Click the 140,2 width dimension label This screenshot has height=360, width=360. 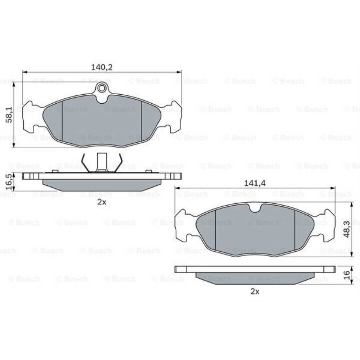[x=102, y=67]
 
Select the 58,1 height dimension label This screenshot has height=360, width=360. [x=9, y=114]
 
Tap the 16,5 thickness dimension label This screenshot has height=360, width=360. [x=9, y=181]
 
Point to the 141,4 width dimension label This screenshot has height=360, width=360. [x=255, y=183]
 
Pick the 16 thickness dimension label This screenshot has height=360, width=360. [x=347, y=275]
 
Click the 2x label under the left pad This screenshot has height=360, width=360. [x=102, y=202]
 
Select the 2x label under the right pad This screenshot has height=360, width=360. [x=255, y=291]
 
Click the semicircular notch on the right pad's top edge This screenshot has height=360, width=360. [x=255, y=208]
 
